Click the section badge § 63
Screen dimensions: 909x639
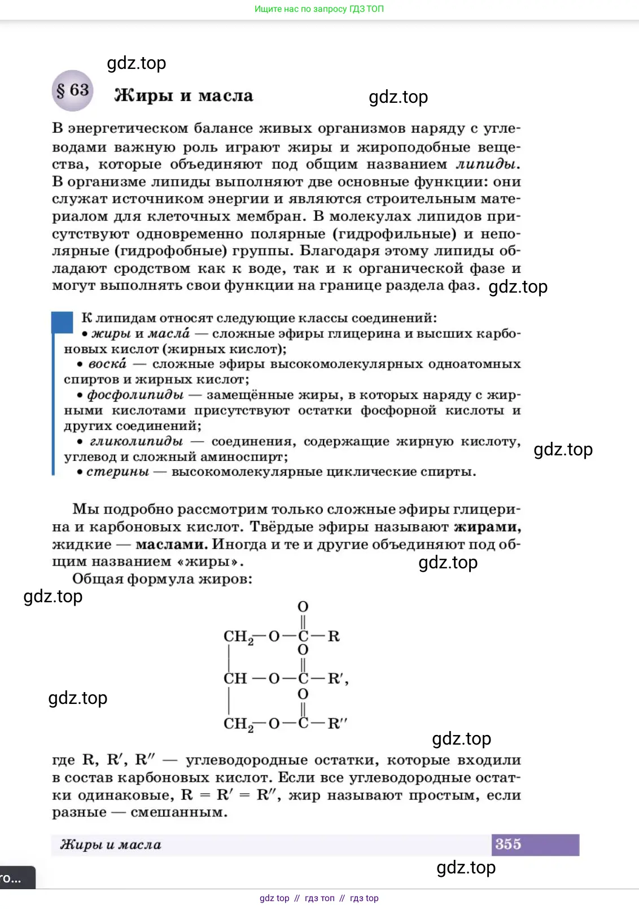click(x=73, y=90)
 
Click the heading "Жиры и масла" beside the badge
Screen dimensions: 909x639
click(x=183, y=95)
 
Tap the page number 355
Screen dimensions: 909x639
click(x=508, y=844)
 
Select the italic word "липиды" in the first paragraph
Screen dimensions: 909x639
click(x=486, y=164)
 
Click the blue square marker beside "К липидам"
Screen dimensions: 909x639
click(x=62, y=322)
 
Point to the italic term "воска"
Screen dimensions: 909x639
click(x=107, y=364)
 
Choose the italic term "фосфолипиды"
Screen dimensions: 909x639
click(x=135, y=395)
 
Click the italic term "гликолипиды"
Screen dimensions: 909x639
click(x=136, y=441)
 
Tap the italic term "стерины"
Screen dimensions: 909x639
click(x=118, y=472)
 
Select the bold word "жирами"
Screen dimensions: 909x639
click(x=487, y=527)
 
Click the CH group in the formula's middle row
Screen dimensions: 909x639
click(x=235, y=679)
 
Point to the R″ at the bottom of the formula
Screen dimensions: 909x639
click(x=338, y=724)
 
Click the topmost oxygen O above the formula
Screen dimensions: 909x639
click(x=303, y=607)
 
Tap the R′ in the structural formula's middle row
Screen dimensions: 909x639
click(x=336, y=679)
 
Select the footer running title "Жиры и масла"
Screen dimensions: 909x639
click(x=111, y=845)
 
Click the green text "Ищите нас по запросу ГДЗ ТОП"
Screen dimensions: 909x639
click(x=319, y=9)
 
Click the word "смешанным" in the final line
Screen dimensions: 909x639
click(x=178, y=813)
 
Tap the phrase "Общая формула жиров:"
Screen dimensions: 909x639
click(x=162, y=579)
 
